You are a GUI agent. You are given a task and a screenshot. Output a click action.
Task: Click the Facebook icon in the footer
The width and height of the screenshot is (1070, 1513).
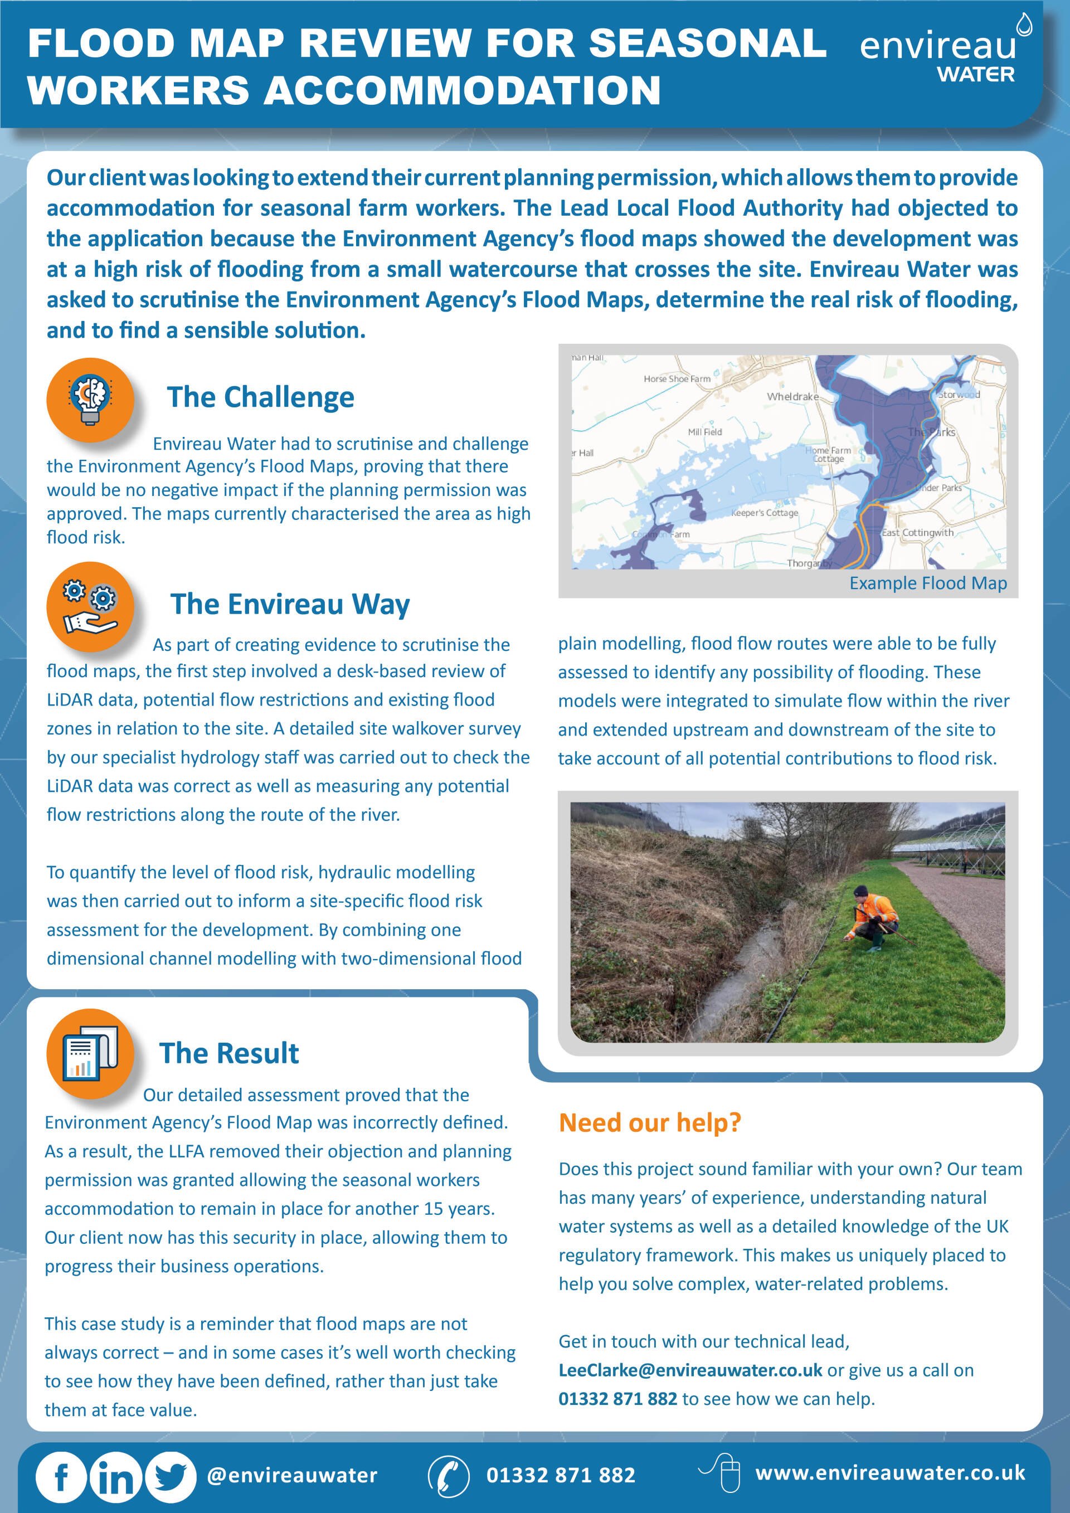[x=61, y=1476]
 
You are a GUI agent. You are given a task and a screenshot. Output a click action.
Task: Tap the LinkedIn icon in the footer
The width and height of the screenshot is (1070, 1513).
[x=115, y=1476]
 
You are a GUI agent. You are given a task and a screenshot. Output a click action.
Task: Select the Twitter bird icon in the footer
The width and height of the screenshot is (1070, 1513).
[x=170, y=1476]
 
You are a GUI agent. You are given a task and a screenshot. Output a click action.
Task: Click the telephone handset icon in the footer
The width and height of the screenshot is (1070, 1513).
[x=448, y=1475]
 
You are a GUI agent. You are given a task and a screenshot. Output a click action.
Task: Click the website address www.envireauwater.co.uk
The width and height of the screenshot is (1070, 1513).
[x=890, y=1472]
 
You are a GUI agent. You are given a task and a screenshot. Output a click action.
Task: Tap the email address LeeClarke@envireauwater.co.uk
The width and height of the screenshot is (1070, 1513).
[x=690, y=1370]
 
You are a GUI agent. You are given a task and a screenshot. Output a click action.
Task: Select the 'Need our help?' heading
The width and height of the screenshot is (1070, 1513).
[x=650, y=1122]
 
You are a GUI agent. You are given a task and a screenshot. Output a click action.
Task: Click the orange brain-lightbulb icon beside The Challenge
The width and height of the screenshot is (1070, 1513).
[x=90, y=401]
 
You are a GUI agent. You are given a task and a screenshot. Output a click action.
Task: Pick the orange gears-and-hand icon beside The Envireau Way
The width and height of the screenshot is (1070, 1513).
[x=90, y=606]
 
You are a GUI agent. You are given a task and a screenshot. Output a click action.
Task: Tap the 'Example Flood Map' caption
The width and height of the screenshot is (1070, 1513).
[x=928, y=583]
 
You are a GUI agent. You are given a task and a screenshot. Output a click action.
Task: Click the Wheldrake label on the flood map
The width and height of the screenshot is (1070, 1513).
[x=792, y=397]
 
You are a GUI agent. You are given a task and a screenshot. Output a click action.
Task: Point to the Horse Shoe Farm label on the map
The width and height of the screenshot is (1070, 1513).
[x=677, y=379]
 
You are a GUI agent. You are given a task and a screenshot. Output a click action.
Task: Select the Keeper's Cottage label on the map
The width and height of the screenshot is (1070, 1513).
[x=764, y=513]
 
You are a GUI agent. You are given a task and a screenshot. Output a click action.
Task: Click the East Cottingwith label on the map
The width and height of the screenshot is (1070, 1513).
[x=917, y=532]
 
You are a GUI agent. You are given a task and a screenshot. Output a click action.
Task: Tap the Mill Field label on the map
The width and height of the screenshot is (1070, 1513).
[x=704, y=432]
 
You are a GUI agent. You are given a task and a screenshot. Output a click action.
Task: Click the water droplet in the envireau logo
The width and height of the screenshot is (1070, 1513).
[x=1023, y=25]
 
